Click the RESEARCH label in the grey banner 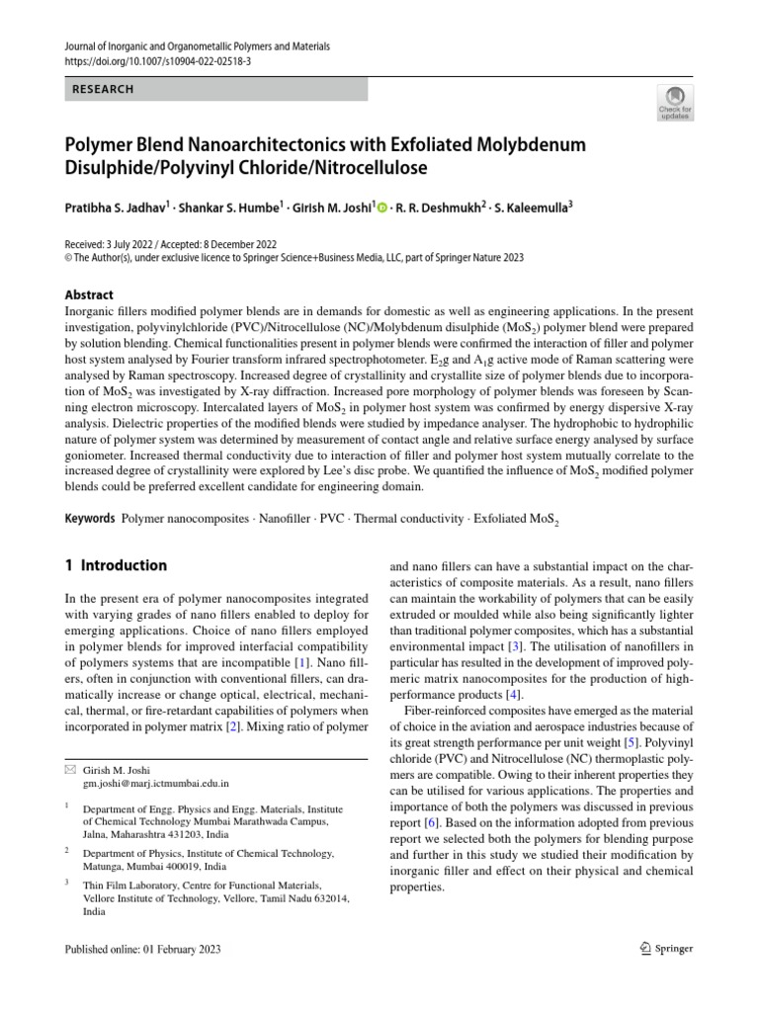pos(103,89)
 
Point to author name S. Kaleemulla pos(534,208)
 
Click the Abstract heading pos(89,295)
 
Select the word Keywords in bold pos(89,518)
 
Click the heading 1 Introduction pos(116,566)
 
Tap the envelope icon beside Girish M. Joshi pos(68,770)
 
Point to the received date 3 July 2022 pos(137,244)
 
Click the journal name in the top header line pos(198,46)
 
